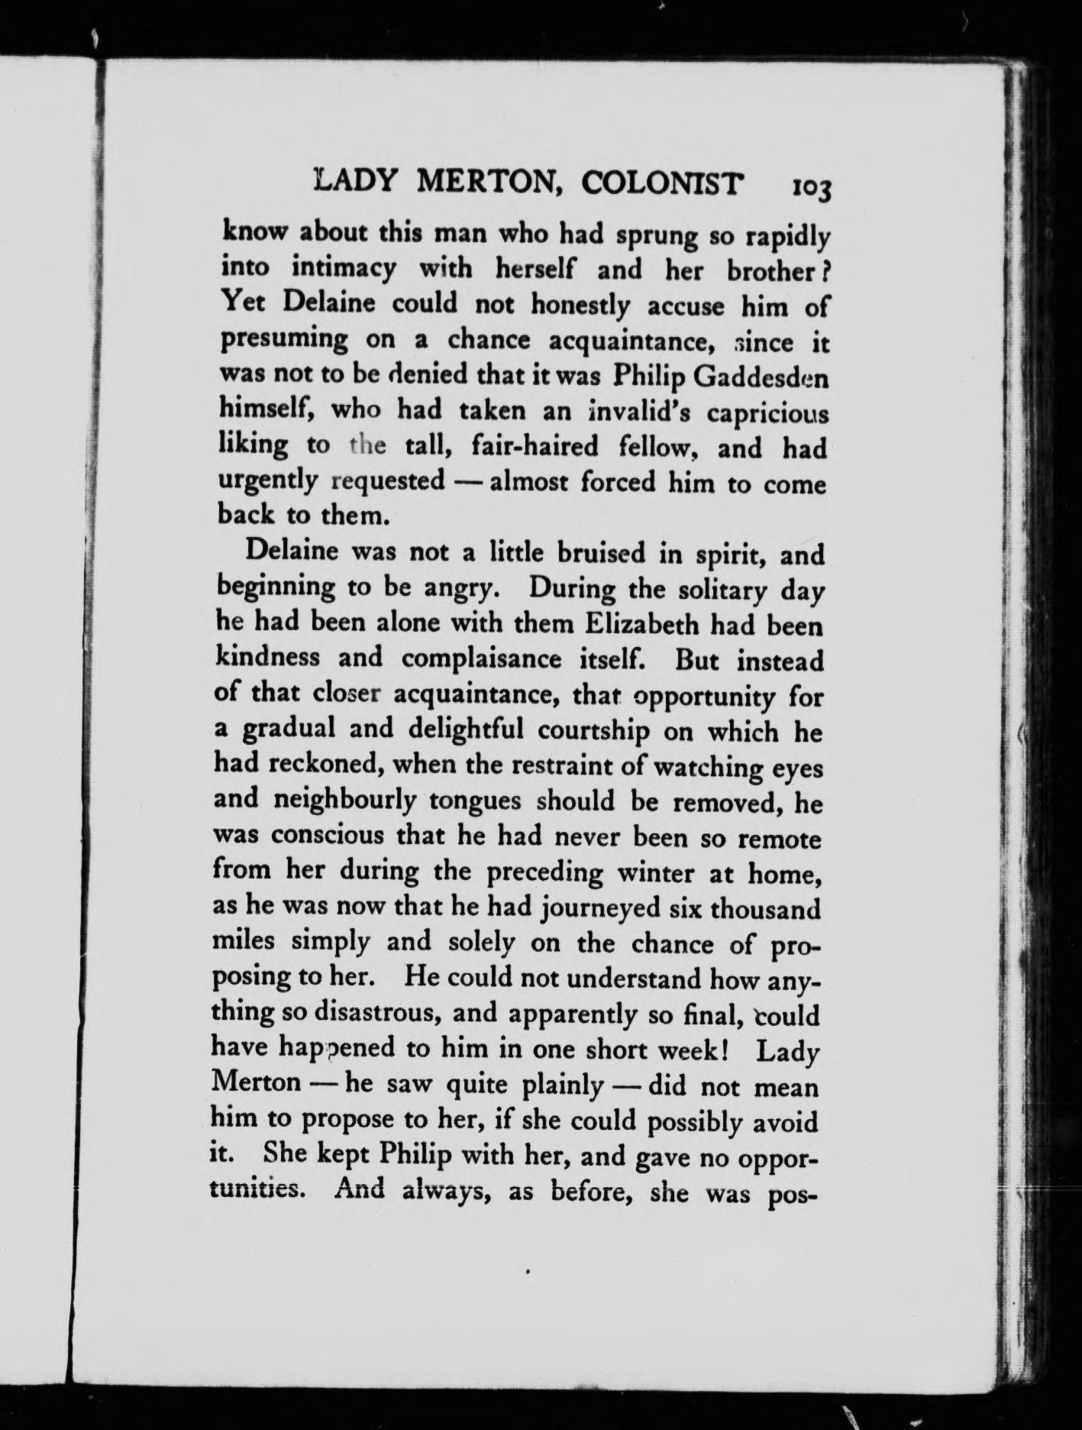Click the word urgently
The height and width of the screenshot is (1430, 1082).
coord(266,482)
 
